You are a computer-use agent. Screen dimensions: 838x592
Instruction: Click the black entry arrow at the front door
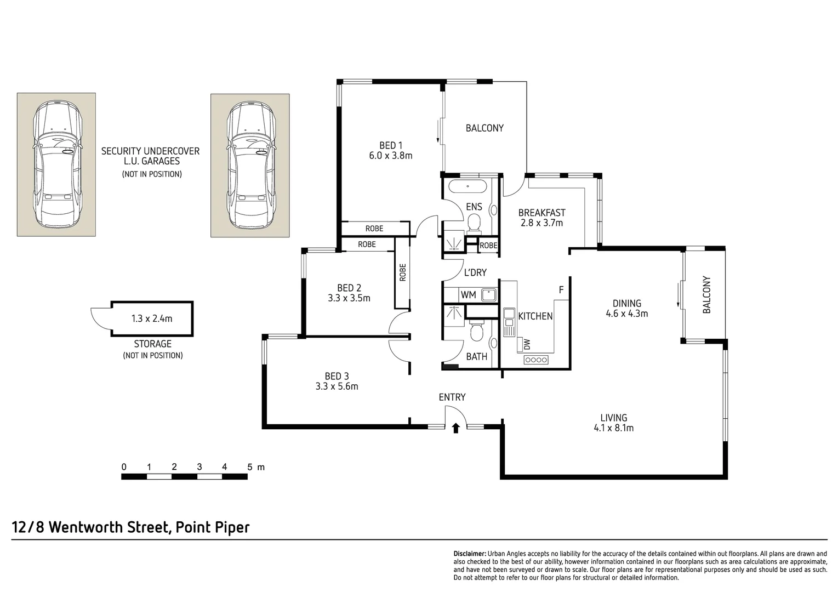(x=455, y=428)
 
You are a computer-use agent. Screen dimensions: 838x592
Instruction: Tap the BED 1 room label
(x=391, y=145)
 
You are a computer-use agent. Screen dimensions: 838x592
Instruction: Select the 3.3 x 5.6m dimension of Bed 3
(x=337, y=386)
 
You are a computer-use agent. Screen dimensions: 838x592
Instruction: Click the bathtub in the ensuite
(x=468, y=186)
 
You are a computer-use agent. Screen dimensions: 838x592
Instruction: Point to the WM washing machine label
(x=468, y=295)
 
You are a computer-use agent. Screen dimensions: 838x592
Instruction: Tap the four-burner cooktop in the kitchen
(x=536, y=360)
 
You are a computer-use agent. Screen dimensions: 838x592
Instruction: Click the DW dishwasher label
(x=527, y=344)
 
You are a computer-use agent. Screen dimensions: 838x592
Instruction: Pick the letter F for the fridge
(x=561, y=289)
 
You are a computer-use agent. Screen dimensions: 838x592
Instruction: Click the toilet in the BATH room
(x=476, y=331)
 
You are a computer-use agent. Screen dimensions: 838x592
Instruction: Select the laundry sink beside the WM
(x=488, y=295)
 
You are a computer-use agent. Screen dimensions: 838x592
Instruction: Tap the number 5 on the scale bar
(x=249, y=466)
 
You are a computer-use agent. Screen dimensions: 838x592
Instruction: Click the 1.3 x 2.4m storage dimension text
(x=152, y=318)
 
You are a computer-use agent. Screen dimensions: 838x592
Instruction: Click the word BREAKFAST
(x=541, y=213)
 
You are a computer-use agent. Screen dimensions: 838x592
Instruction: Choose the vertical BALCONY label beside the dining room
(x=706, y=294)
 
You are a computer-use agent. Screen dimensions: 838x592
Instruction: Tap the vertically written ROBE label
(x=402, y=272)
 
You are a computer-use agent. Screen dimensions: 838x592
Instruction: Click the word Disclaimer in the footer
(x=470, y=554)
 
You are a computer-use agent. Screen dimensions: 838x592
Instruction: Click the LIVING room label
(x=613, y=418)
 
